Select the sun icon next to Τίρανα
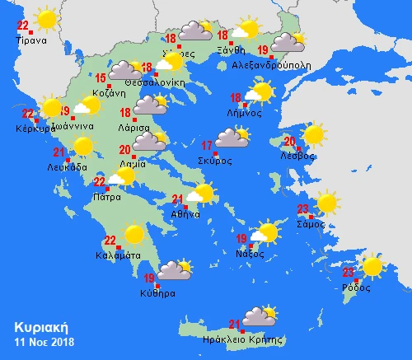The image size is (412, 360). click(x=46, y=18)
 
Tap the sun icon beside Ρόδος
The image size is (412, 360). click(x=372, y=266)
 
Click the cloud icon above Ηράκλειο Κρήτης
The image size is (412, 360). click(x=259, y=316)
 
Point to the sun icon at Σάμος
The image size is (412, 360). click(x=327, y=202)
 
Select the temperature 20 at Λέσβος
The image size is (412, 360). click(x=289, y=141)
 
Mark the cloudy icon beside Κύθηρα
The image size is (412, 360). click(x=174, y=269)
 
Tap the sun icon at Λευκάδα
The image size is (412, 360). click(x=82, y=146)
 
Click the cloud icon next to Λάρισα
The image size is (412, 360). click(x=150, y=105)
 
